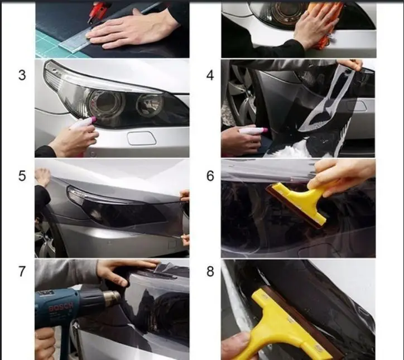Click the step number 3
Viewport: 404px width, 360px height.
coord(22,75)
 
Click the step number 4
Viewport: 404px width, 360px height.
coord(210,75)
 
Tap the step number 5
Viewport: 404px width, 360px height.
coord(22,176)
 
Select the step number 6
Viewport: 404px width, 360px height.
coord(210,176)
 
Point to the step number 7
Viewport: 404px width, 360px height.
coord(22,272)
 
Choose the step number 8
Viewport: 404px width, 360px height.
coord(210,272)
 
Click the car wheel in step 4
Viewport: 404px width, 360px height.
coord(237,95)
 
